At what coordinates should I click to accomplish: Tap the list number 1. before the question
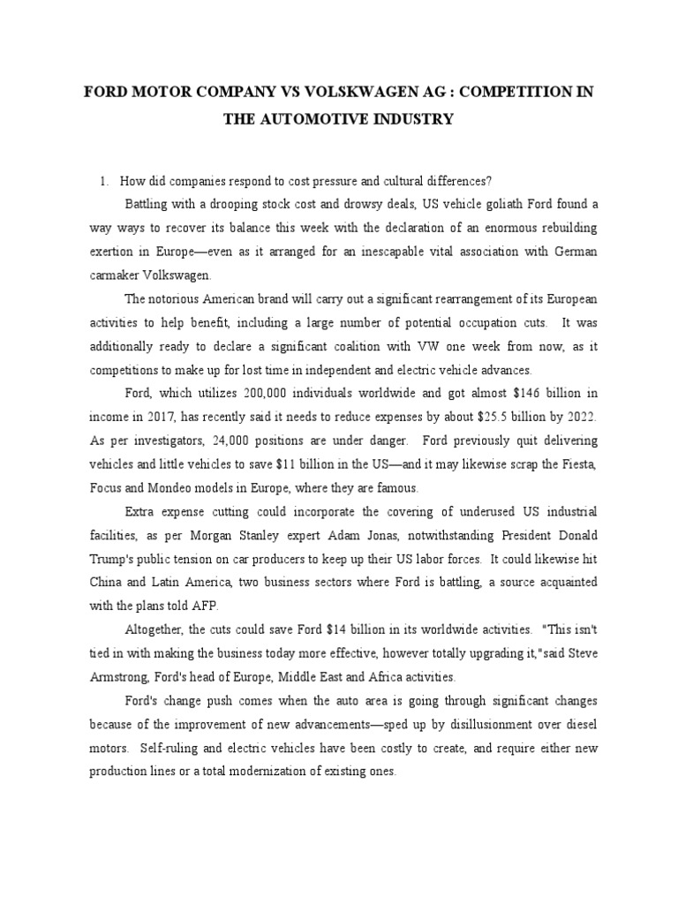pos(106,181)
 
